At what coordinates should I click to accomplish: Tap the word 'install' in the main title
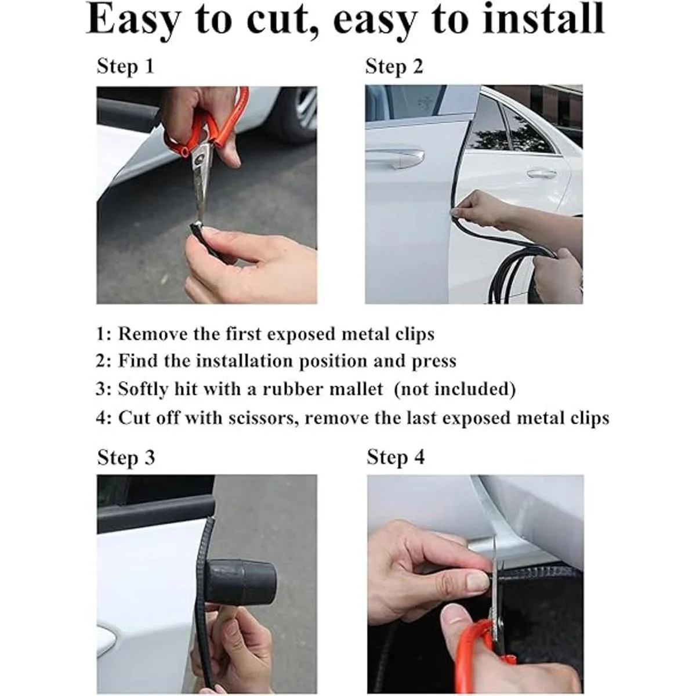pos(543,18)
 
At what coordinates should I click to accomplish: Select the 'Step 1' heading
pos(125,67)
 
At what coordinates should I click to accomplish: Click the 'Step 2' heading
pos(394,67)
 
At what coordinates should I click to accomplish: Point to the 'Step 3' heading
pos(126,458)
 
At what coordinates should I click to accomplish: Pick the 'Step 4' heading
pos(396,457)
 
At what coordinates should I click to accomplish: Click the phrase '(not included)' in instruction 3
pos(454,389)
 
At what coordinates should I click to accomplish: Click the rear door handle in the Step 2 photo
pos(542,175)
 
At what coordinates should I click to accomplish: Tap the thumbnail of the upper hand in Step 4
pos(477,581)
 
